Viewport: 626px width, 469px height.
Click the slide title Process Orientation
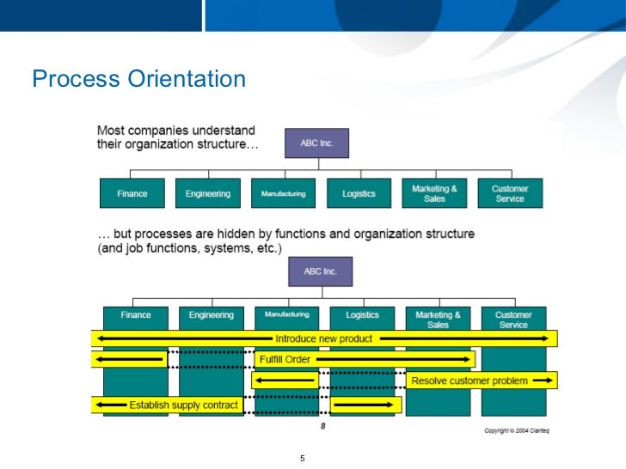point(138,80)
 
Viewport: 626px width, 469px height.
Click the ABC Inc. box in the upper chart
point(316,143)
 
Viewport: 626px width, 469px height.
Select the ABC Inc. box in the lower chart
point(320,271)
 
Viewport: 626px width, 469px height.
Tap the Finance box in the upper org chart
point(132,193)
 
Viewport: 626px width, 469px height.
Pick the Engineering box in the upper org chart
point(208,193)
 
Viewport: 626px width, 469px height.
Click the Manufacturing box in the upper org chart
point(283,193)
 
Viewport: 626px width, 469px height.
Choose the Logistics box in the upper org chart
point(359,193)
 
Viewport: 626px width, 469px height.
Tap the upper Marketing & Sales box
point(434,193)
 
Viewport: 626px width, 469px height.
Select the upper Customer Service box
point(510,193)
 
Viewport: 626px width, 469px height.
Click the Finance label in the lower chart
point(136,315)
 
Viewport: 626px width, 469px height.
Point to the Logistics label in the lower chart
point(362,315)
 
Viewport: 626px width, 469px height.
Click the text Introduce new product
point(323,338)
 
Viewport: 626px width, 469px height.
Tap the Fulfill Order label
point(285,359)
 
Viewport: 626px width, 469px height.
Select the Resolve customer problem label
point(470,380)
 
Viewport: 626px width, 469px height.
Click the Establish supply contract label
point(183,404)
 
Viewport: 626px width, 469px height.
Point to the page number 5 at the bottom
point(303,457)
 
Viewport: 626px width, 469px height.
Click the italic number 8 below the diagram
point(322,425)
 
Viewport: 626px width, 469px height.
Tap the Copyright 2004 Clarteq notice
point(519,429)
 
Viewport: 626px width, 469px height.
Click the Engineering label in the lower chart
point(212,315)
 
